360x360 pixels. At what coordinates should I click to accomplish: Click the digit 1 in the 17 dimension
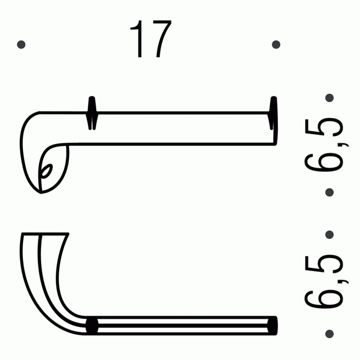coord(137,40)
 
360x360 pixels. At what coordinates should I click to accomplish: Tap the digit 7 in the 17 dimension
coord(159,40)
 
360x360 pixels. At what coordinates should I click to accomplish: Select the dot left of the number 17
coord(21,45)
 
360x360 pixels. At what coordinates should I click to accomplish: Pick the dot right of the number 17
coord(276,45)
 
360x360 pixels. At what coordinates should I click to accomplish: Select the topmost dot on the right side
coord(330,97)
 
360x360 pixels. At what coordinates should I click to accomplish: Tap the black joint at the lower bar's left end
coord(92,326)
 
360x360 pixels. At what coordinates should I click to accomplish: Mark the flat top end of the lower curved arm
coord(44,235)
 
